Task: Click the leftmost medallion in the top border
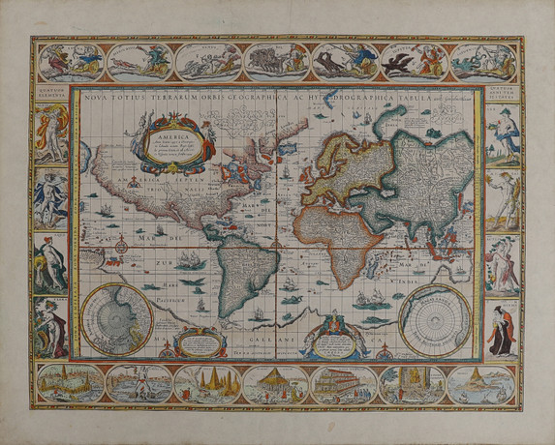[x=68, y=60]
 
